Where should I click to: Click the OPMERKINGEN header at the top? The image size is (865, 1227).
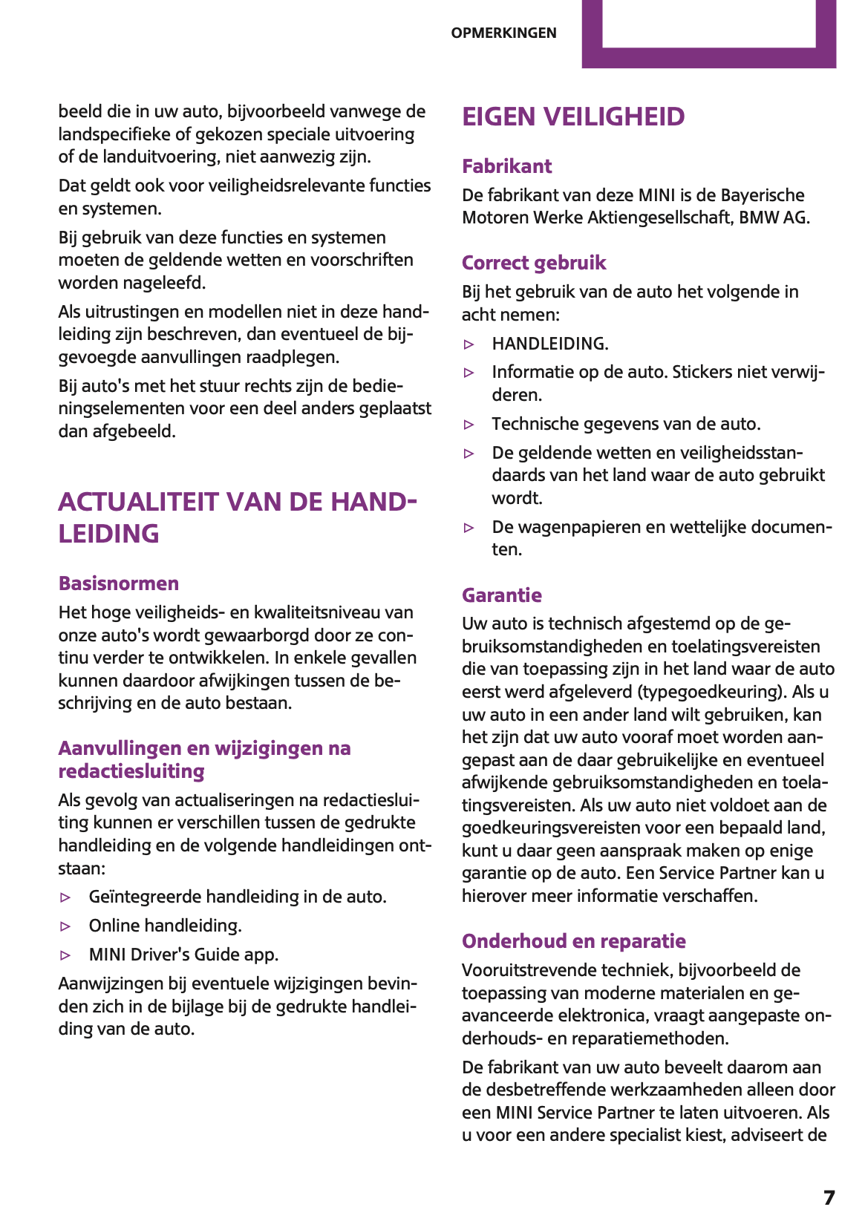point(503,33)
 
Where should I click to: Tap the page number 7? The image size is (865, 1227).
point(829,1197)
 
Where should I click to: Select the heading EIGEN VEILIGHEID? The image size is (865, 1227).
point(573,117)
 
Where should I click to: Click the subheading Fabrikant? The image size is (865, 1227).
point(506,166)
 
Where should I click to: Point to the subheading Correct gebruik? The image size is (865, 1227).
point(534,263)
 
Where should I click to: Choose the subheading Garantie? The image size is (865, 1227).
point(501,595)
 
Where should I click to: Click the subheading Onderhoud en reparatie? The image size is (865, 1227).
point(573,941)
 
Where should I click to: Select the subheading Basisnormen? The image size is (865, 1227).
point(119,583)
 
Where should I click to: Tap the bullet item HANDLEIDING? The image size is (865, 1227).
point(549,344)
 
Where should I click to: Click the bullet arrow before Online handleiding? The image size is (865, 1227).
point(66,926)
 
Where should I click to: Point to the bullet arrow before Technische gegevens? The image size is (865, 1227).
point(469,425)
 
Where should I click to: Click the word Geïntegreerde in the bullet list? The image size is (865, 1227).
point(145,897)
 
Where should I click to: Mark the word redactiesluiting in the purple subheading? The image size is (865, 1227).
point(131,771)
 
